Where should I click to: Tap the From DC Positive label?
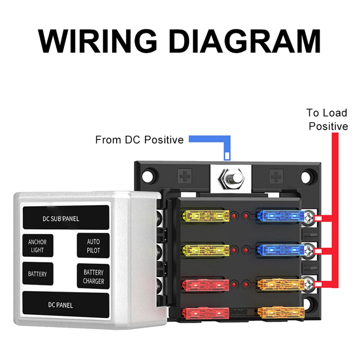(x=139, y=140)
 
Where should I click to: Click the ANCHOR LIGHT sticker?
(x=37, y=246)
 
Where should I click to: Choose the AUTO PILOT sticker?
(x=93, y=246)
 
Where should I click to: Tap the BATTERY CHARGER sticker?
(x=93, y=276)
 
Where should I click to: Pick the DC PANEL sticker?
(x=66, y=305)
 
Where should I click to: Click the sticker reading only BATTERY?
(x=37, y=274)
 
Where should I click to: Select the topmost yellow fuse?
(x=206, y=216)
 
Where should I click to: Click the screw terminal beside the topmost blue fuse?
(x=309, y=217)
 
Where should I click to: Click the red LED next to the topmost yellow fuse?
(x=234, y=216)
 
